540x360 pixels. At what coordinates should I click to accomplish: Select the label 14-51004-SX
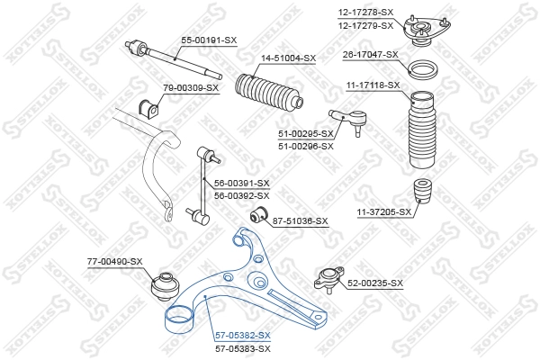pyautogui.click(x=289, y=58)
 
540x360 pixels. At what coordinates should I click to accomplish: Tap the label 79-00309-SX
pyautogui.click(x=191, y=87)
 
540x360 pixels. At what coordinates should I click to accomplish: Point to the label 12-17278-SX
pyautogui.click(x=366, y=11)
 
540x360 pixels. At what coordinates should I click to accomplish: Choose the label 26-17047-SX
pyautogui.click(x=371, y=54)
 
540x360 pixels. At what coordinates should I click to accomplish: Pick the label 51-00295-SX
pyautogui.click(x=306, y=134)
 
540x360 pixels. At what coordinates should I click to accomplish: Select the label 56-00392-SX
pyautogui.click(x=241, y=195)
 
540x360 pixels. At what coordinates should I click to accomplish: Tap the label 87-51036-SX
pyautogui.click(x=301, y=220)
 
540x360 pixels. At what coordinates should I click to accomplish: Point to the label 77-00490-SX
pyautogui.click(x=115, y=261)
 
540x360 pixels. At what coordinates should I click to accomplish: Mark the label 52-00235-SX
pyautogui.click(x=375, y=283)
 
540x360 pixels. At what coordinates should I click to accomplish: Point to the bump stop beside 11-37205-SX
pyautogui.click(x=420, y=196)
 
